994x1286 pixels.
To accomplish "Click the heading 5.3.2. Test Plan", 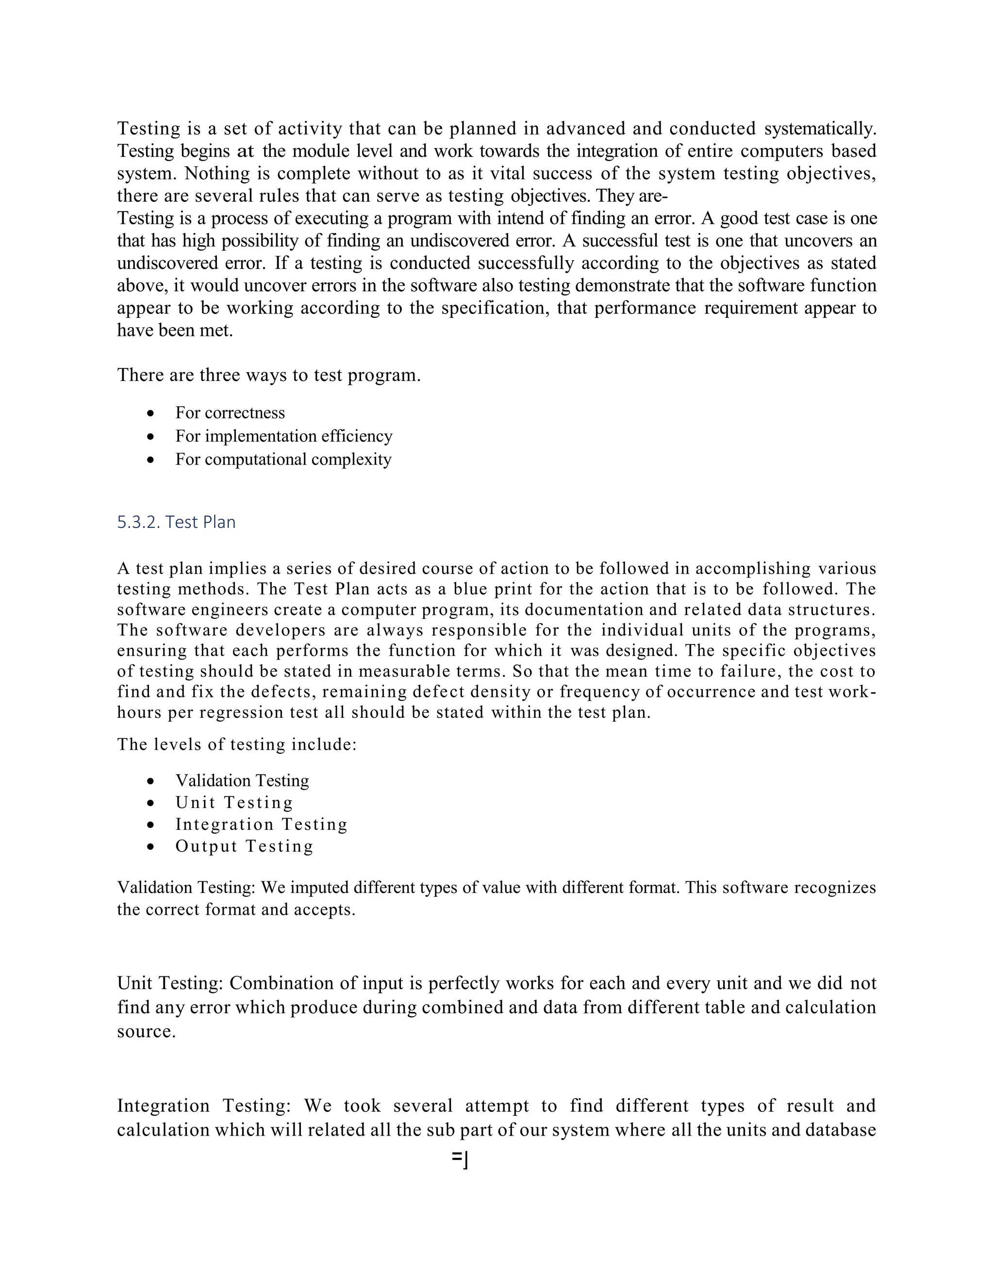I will pos(176,522).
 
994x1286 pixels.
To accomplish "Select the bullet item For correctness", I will pos(230,413).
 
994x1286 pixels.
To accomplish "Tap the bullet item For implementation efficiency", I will pos(283,436).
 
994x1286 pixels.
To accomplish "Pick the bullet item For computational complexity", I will pos(282,459).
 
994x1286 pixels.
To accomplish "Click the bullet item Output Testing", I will pos(244,846).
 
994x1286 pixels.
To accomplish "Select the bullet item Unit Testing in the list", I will pos(234,803).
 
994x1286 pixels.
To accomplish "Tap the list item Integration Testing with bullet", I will pos(261,824).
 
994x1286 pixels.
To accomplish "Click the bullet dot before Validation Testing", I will pos(151,782).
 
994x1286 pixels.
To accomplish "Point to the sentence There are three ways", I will pos(268,375).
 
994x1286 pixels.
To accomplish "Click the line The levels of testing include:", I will pos(237,744).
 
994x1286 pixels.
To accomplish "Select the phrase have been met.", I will pos(175,330).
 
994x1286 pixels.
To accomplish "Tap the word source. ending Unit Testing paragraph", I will pos(146,1031).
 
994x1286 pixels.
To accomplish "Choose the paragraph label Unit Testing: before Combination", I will pos(170,983).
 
